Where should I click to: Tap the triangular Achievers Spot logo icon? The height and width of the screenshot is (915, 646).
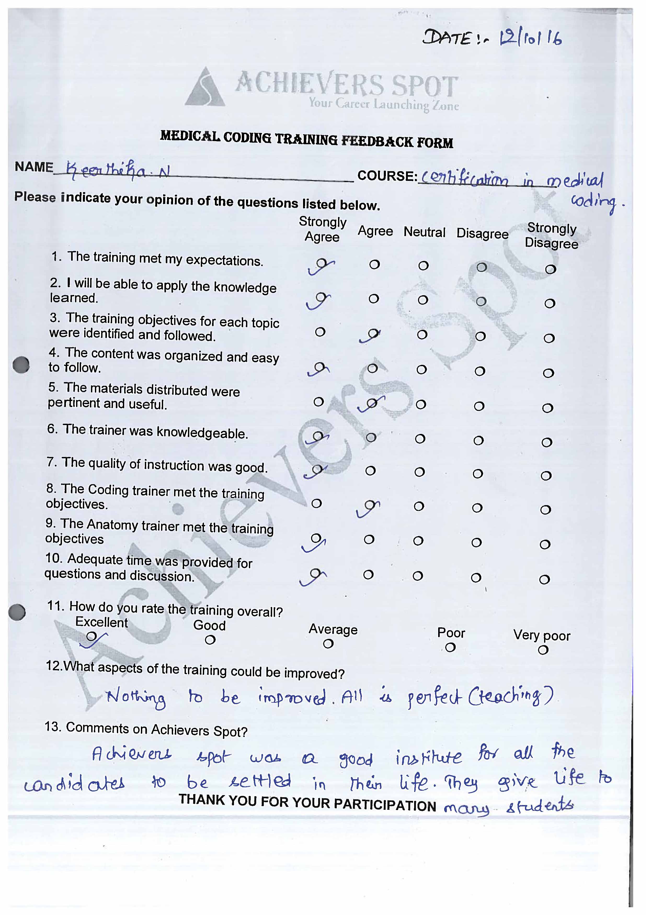[205, 88]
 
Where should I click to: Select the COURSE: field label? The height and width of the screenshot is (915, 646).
[387, 176]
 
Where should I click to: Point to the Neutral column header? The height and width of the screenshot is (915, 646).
[424, 232]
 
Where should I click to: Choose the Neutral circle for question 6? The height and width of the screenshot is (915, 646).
[420, 439]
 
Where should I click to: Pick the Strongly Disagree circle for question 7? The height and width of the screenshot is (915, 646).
[546, 476]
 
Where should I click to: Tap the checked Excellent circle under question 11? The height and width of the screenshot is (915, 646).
[92, 636]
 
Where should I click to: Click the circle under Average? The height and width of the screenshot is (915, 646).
[328, 643]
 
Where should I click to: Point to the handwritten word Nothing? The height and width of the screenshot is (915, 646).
[136, 698]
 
